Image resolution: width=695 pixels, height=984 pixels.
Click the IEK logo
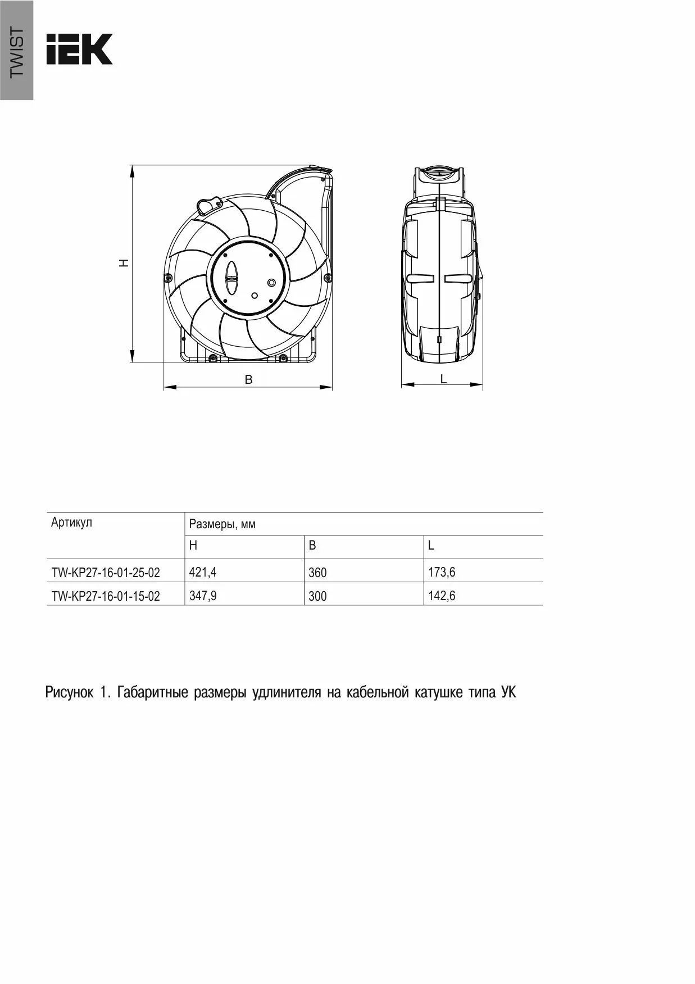coord(79,49)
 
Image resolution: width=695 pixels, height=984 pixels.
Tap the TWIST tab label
coord(17,52)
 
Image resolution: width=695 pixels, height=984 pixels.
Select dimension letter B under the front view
coord(248,380)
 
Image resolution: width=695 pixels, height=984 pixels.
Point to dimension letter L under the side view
coord(443,379)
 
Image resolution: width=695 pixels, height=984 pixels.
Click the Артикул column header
coord(71,523)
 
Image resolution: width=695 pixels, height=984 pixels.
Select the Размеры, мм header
coord(222,524)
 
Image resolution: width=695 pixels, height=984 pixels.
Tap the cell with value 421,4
coord(203,572)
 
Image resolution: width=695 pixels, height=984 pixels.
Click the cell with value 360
coord(317,573)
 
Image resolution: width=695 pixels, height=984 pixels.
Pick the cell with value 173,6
coord(442,572)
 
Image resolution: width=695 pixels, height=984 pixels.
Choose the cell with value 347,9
coord(203,596)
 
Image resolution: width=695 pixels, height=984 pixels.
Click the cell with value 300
coord(317,596)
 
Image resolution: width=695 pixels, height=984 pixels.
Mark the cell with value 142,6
coord(442,596)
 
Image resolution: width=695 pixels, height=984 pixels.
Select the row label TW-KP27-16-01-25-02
coord(106,573)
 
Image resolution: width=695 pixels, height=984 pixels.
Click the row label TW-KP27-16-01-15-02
coord(106,596)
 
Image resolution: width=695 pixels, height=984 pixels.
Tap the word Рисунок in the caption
coord(69,692)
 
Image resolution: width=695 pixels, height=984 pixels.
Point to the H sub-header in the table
coord(193,546)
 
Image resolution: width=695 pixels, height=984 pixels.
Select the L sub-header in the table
coord(431,546)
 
